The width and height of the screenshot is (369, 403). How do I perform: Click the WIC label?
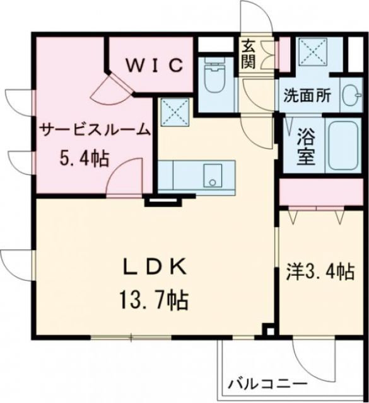157,65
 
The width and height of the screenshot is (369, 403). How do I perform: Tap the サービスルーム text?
95,130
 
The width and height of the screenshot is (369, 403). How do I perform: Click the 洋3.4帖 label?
317,272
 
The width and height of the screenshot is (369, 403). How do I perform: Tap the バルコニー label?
267,383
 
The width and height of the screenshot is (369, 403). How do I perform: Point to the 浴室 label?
307,146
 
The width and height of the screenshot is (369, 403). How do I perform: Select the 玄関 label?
248,55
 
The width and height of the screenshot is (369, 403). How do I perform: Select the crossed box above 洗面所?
311,52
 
